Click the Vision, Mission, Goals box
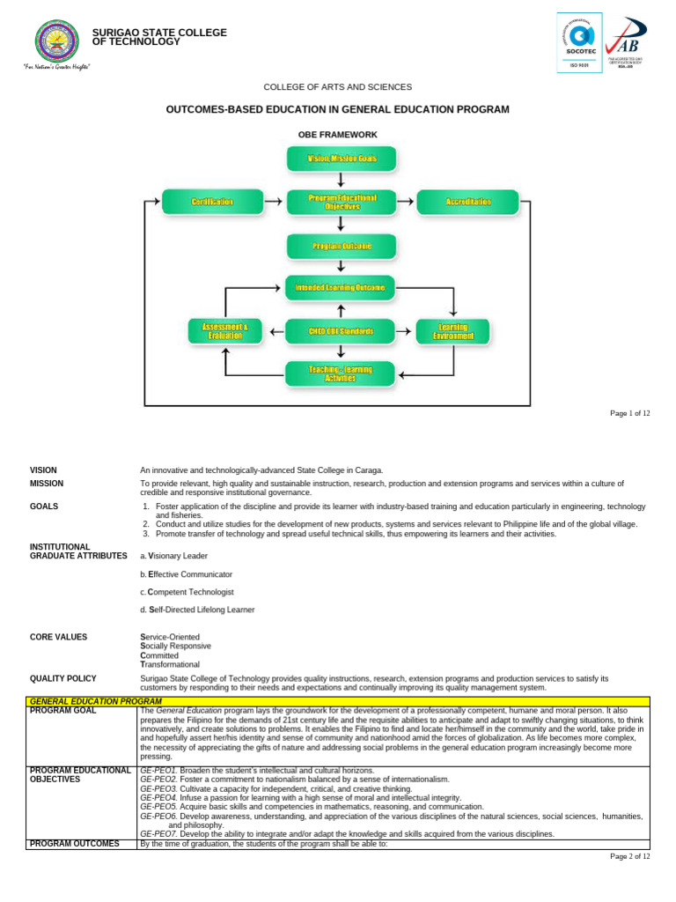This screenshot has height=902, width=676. (x=342, y=159)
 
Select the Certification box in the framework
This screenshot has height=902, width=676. (x=212, y=202)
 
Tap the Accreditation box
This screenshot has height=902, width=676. (x=467, y=202)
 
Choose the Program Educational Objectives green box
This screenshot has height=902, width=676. (x=342, y=202)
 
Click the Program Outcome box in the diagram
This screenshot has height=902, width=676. (x=342, y=246)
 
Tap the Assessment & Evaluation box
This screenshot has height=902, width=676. (x=224, y=331)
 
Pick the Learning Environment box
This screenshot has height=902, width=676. (x=452, y=331)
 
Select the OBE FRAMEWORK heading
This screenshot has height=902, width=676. (x=339, y=135)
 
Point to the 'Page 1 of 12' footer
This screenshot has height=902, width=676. (x=630, y=414)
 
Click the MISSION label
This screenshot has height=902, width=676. (x=47, y=484)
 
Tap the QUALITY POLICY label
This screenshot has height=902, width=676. (x=63, y=678)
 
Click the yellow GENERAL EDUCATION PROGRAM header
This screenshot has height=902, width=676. (x=95, y=701)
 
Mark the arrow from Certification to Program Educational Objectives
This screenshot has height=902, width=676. (x=273, y=202)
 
